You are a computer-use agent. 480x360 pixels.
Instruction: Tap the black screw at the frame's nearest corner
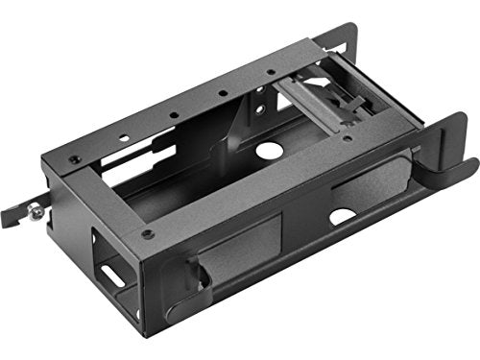tap(146, 232)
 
